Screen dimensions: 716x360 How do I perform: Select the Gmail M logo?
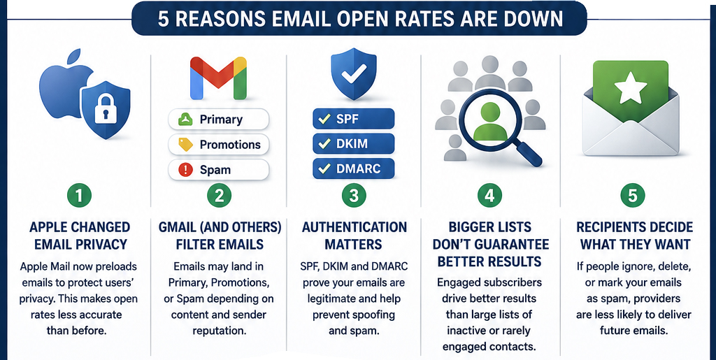pos(218,78)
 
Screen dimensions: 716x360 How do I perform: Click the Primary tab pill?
pos(218,120)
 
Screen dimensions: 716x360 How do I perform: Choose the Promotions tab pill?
pos(218,145)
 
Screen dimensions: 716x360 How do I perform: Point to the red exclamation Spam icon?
pos(185,170)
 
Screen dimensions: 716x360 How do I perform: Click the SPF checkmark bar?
pos(353,119)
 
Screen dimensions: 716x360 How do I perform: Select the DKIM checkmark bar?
pos(353,144)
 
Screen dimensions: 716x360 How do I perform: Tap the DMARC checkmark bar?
pos(353,168)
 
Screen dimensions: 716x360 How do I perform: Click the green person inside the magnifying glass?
pos(490,121)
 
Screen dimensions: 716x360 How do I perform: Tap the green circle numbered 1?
pos(80,195)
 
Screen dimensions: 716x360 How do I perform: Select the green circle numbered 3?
pos(354,195)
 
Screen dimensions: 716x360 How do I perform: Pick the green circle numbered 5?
pos(633,195)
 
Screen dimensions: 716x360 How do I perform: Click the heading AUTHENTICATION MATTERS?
pos(354,236)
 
